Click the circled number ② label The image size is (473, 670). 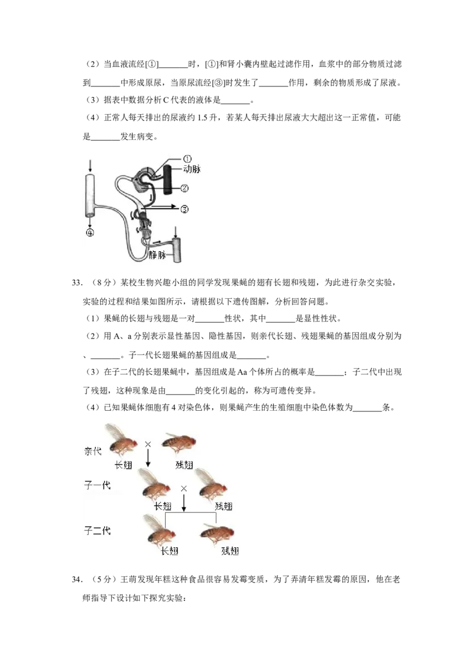(185, 189)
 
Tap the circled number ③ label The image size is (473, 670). (185, 209)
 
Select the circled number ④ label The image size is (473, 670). (90, 233)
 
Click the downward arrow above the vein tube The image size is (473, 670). (176, 230)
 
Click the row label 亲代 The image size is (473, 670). (93, 451)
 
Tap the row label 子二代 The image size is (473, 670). (97, 530)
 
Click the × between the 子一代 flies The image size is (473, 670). (184, 488)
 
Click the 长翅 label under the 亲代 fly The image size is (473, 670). (124, 465)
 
